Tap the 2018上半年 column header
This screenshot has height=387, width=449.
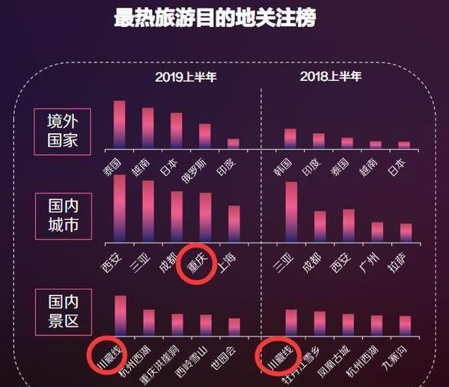[x=330, y=76]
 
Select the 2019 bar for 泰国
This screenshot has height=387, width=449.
[x=120, y=124]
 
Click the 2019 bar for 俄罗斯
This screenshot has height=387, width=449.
[x=205, y=135]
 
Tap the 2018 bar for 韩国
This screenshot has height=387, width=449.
[x=290, y=138]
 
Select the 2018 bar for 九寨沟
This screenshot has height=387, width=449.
[x=405, y=326]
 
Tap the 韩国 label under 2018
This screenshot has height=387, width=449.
[x=283, y=164]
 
